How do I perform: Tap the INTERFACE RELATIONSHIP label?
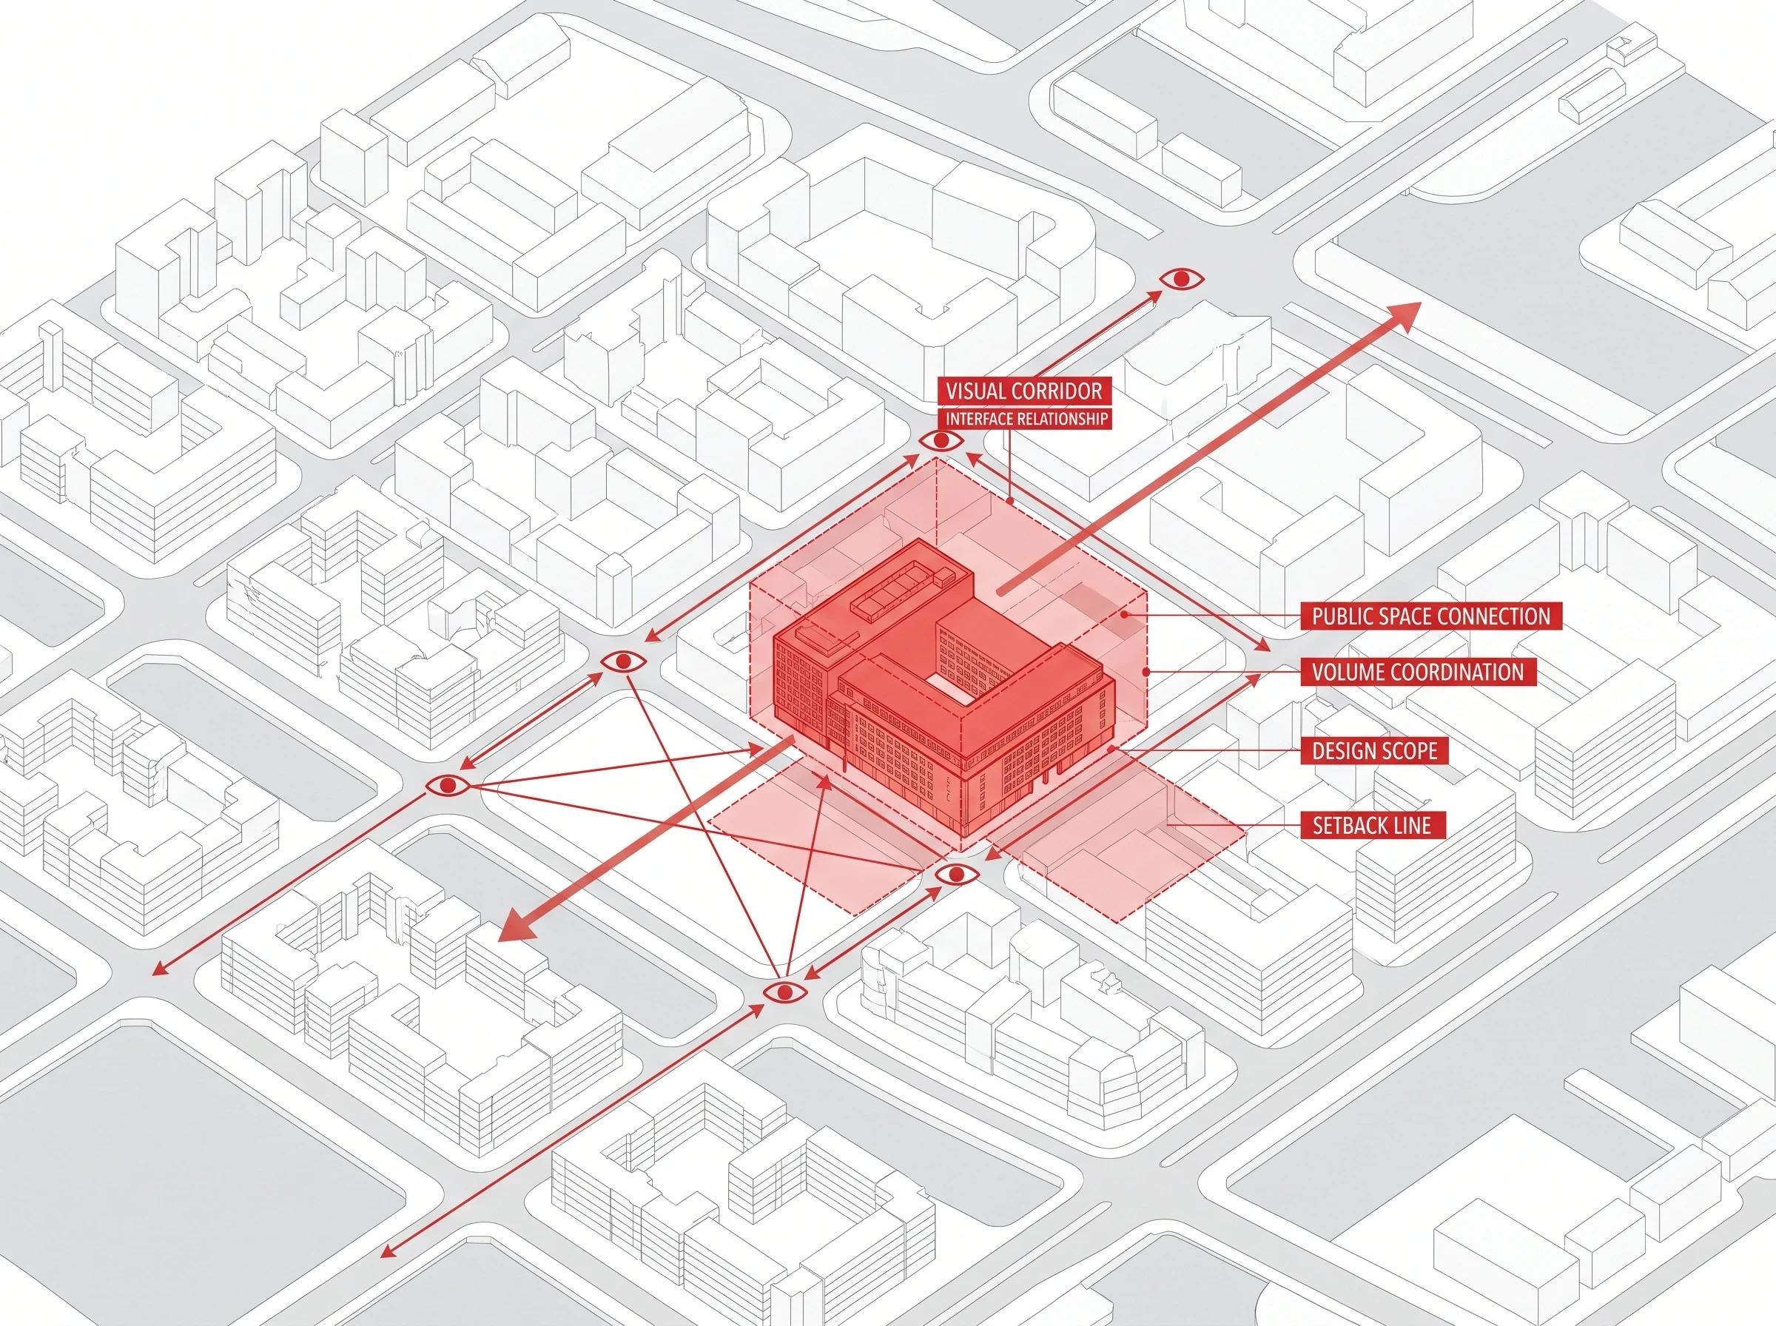[1026, 419]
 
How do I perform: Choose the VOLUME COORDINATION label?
[1418, 672]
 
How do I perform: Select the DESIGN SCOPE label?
[1375, 750]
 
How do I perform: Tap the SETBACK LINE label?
[1372, 825]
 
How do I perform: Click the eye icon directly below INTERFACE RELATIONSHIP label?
[941, 441]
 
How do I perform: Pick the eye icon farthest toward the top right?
[1181, 279]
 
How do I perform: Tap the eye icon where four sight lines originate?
[448, 785]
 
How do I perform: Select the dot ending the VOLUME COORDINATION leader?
[1147, 671]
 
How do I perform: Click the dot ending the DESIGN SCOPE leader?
[1111, 750]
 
